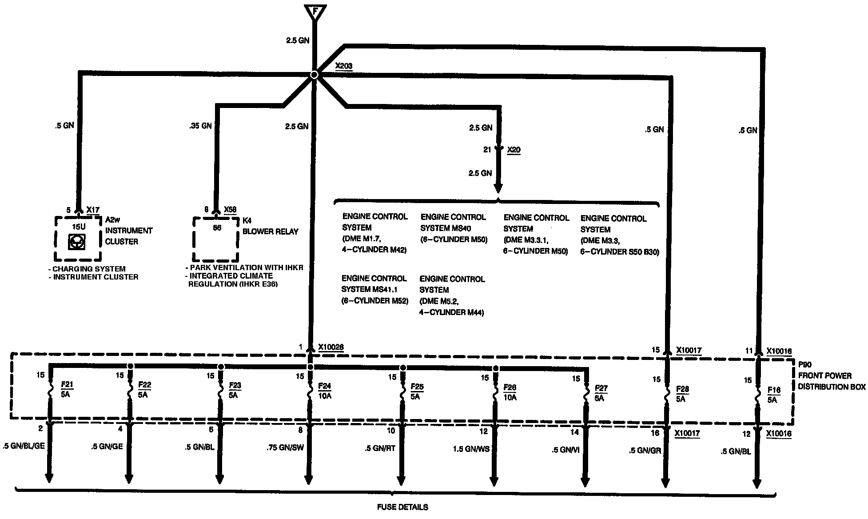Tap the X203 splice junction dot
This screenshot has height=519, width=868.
coord(314,75)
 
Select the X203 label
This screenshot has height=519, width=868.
coord(343,66)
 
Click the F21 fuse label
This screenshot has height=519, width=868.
coord(67,384)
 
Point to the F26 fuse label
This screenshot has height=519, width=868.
coord(510,387)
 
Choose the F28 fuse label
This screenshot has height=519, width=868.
coord(682,389)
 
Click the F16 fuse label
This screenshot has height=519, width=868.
coord(774,390)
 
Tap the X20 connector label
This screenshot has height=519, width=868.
coord(514,150)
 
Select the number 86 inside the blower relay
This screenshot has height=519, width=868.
coord(217,228)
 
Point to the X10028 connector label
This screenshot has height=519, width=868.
coord(330,347)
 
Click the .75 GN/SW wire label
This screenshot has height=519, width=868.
coord(286,447)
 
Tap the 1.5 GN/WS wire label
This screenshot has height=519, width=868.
coord(471,449)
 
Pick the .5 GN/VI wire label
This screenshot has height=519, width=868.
coord(565,450)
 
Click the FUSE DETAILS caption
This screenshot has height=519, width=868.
coord(402,507)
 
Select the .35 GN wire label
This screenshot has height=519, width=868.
coord(200,126)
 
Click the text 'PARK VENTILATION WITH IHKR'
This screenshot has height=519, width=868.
coord(246,267)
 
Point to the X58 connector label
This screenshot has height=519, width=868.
coord(230,210)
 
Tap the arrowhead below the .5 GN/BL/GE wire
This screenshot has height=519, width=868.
coord(49,478)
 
